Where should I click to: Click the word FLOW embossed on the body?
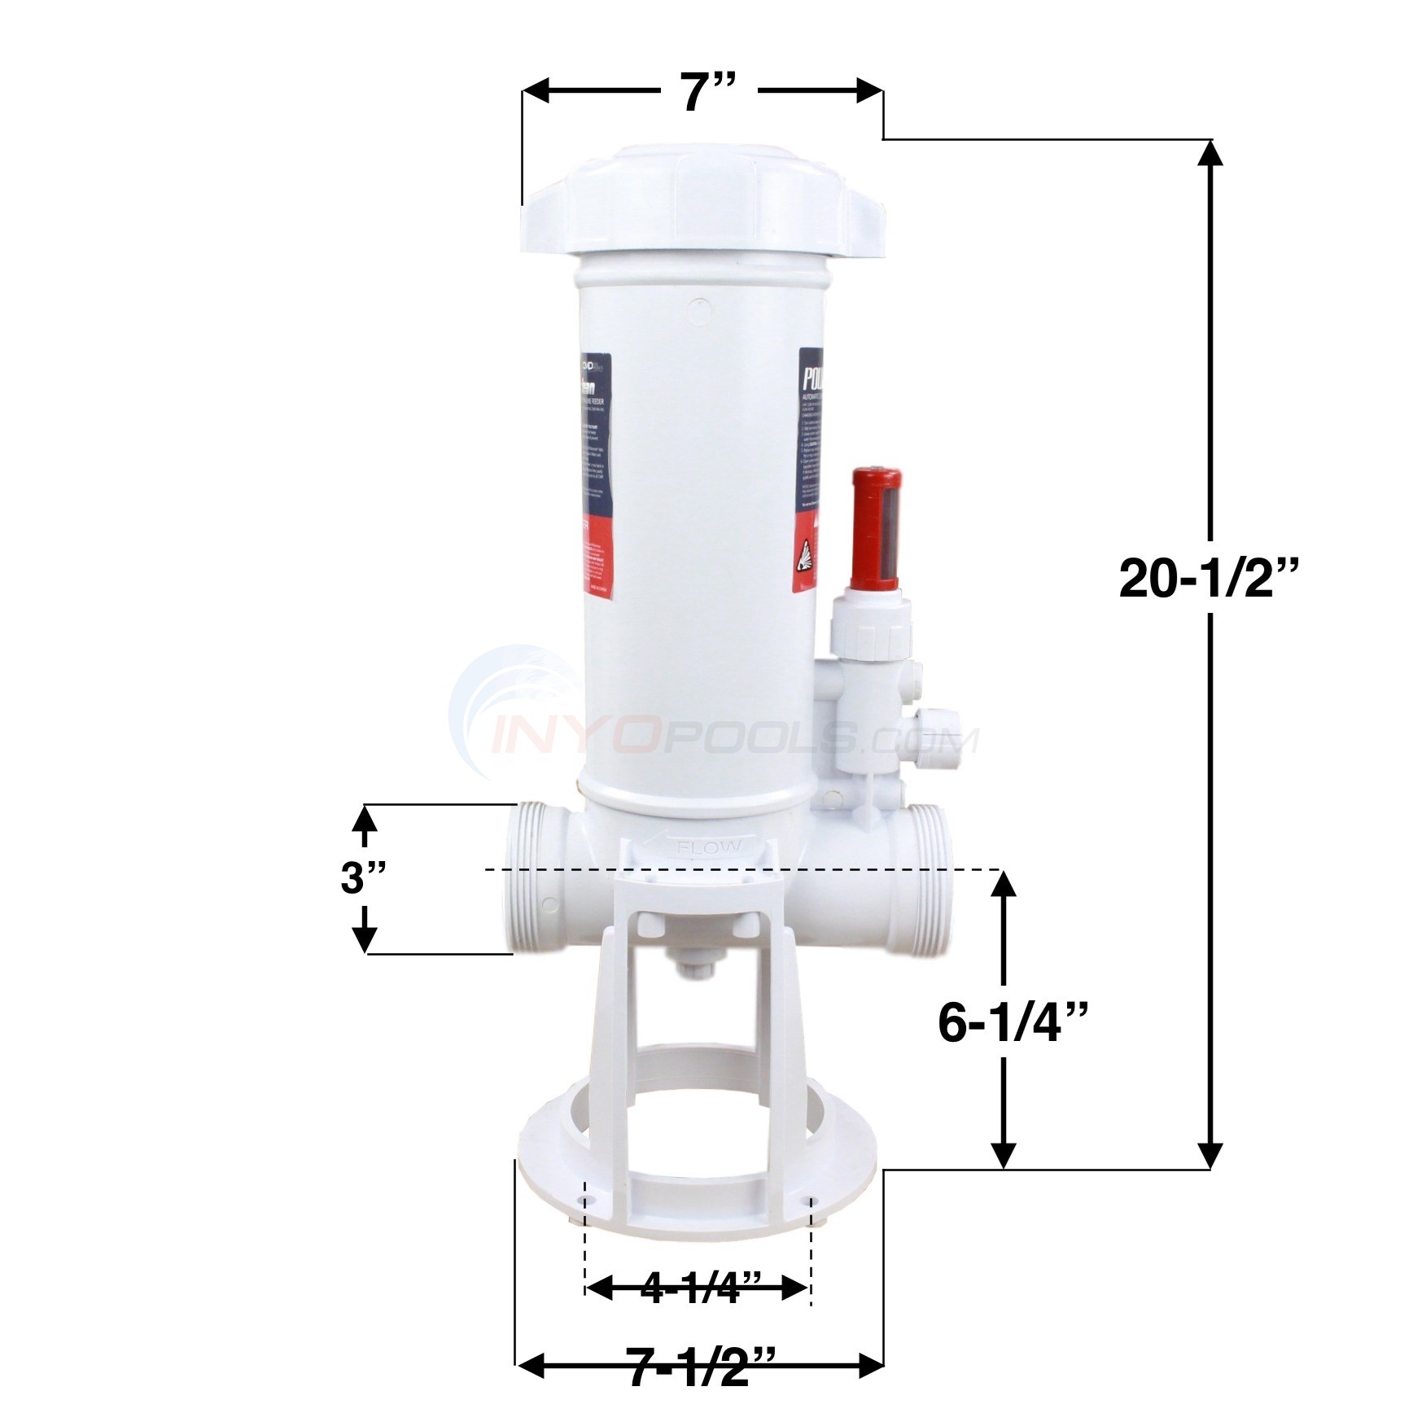tap(709, 847)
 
